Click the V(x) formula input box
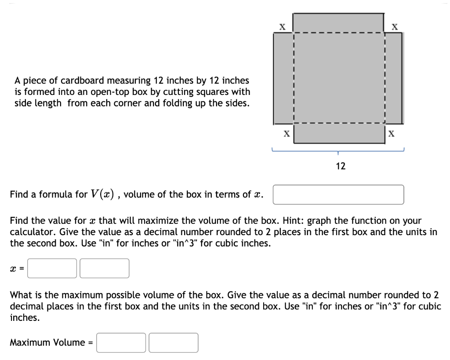click(x=338, y=195)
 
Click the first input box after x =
click(x=52, y=268)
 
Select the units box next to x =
click(x=104, y=268)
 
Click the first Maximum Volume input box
click(x=121, y=343)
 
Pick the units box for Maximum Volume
click(x=174, y=343)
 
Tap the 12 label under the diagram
click(x=341, y=166)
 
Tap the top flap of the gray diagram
click(x=338, y=22)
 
